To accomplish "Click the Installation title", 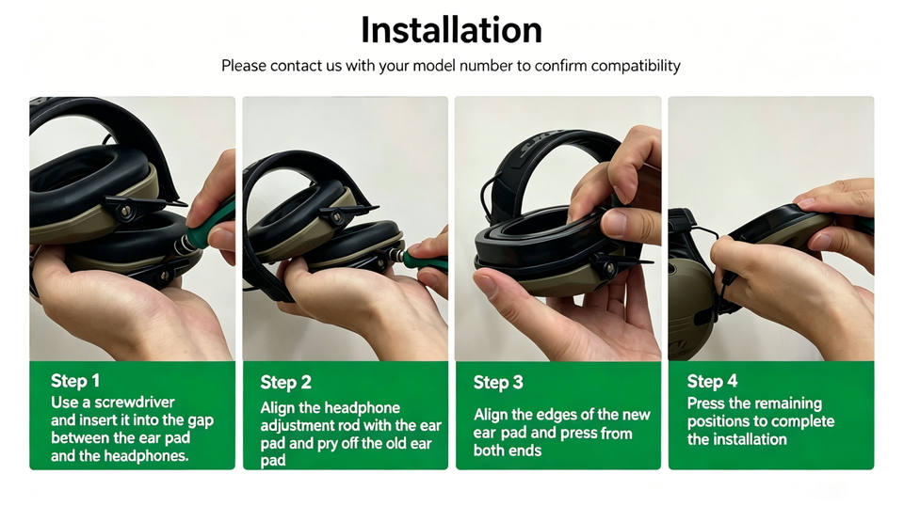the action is click(451, 30).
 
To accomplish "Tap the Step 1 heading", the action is click(75, 381).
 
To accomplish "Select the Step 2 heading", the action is click(285, 382).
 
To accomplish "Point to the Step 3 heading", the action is click(498, 382).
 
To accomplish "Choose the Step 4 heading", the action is click(712, 381).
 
